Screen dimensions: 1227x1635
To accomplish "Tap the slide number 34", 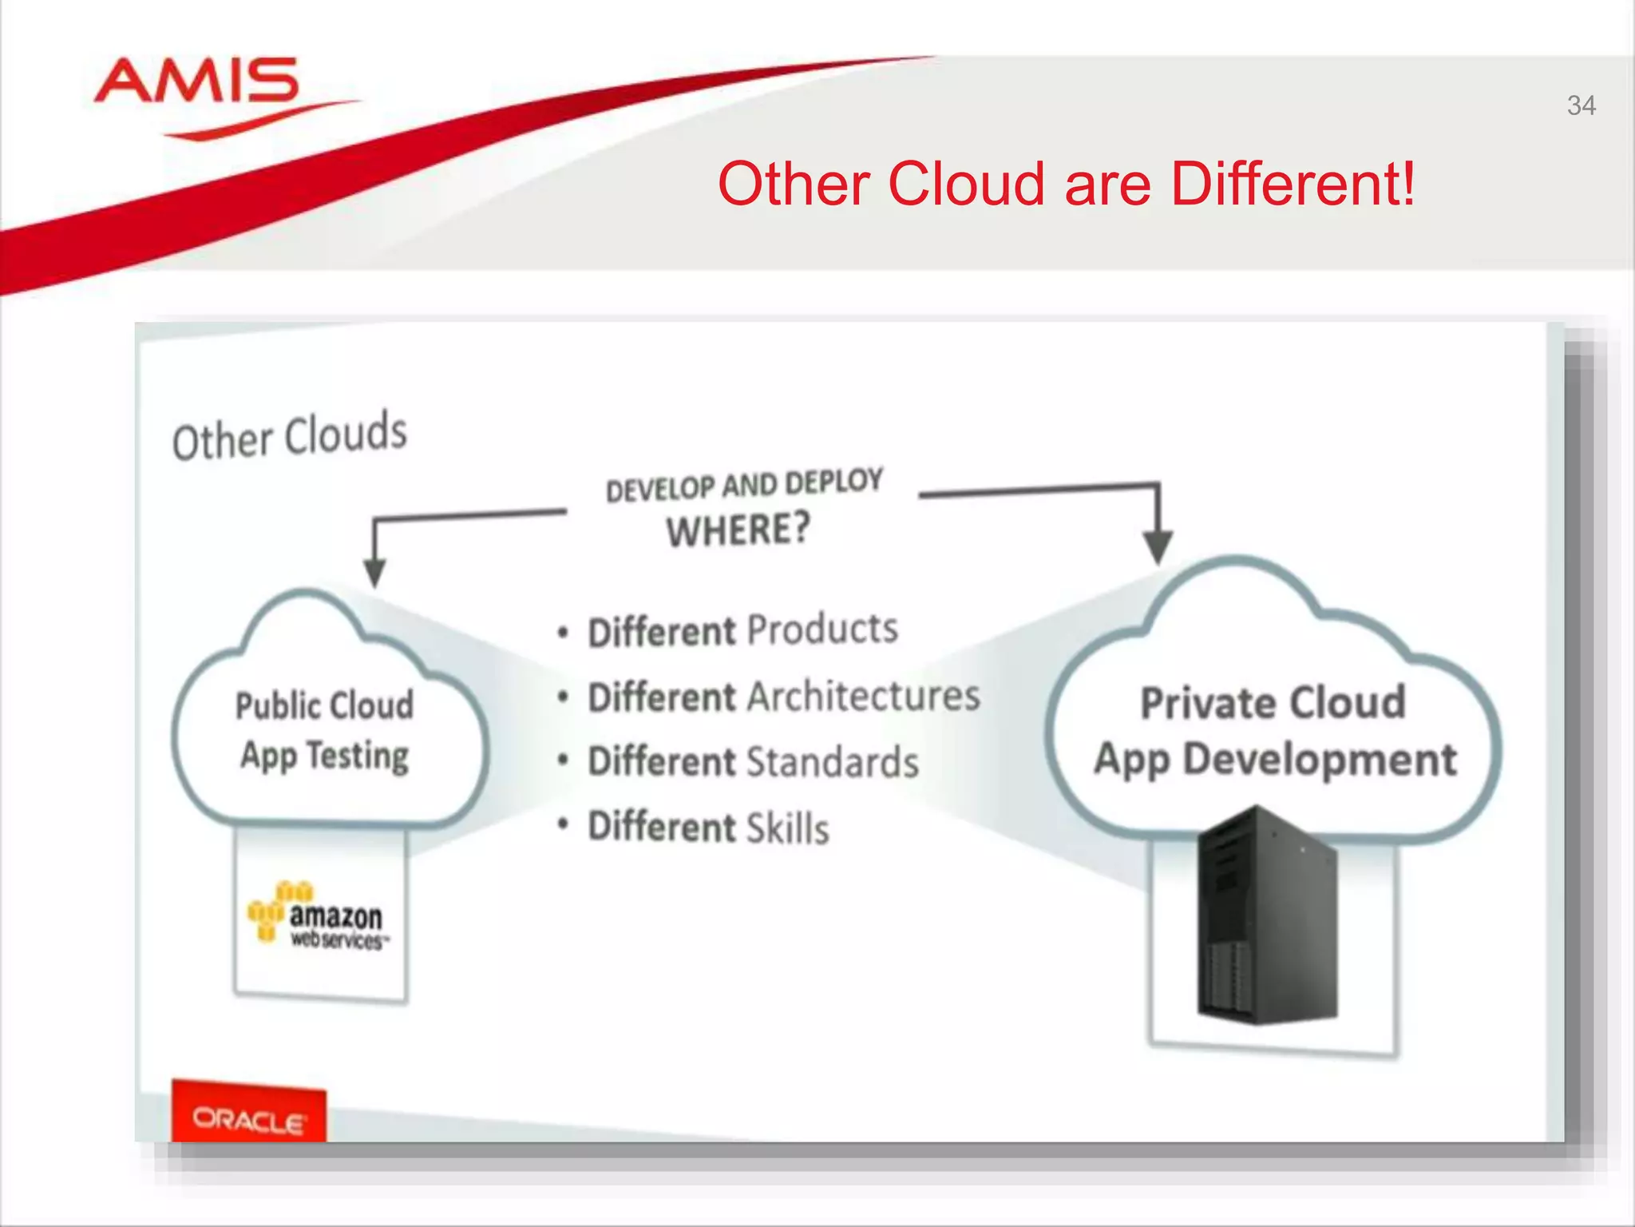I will pos(1581,105).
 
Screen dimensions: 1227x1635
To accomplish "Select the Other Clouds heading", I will pos(290,437).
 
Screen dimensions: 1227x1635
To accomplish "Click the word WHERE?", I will pos(738,530).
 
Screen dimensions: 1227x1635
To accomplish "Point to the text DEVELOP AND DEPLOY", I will pos(744,485).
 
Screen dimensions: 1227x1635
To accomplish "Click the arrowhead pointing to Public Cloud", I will pos(374,572).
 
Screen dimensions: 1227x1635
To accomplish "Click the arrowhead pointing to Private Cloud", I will pos(1158,547).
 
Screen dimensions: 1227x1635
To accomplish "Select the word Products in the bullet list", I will pos(822,629).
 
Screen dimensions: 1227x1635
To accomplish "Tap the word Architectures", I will pos(864,696).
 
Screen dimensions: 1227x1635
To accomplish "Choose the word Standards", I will pos(833,762).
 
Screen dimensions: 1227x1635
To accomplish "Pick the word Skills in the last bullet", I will pos(788,828).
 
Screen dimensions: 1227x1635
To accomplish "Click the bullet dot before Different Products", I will pos(564,633).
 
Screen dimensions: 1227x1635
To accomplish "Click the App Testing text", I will pos(325,756).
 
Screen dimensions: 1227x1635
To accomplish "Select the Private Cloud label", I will pos(1273,703).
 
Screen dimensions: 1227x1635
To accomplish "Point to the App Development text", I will pos(1275,760).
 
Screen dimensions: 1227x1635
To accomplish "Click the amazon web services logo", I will pos(319,916).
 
